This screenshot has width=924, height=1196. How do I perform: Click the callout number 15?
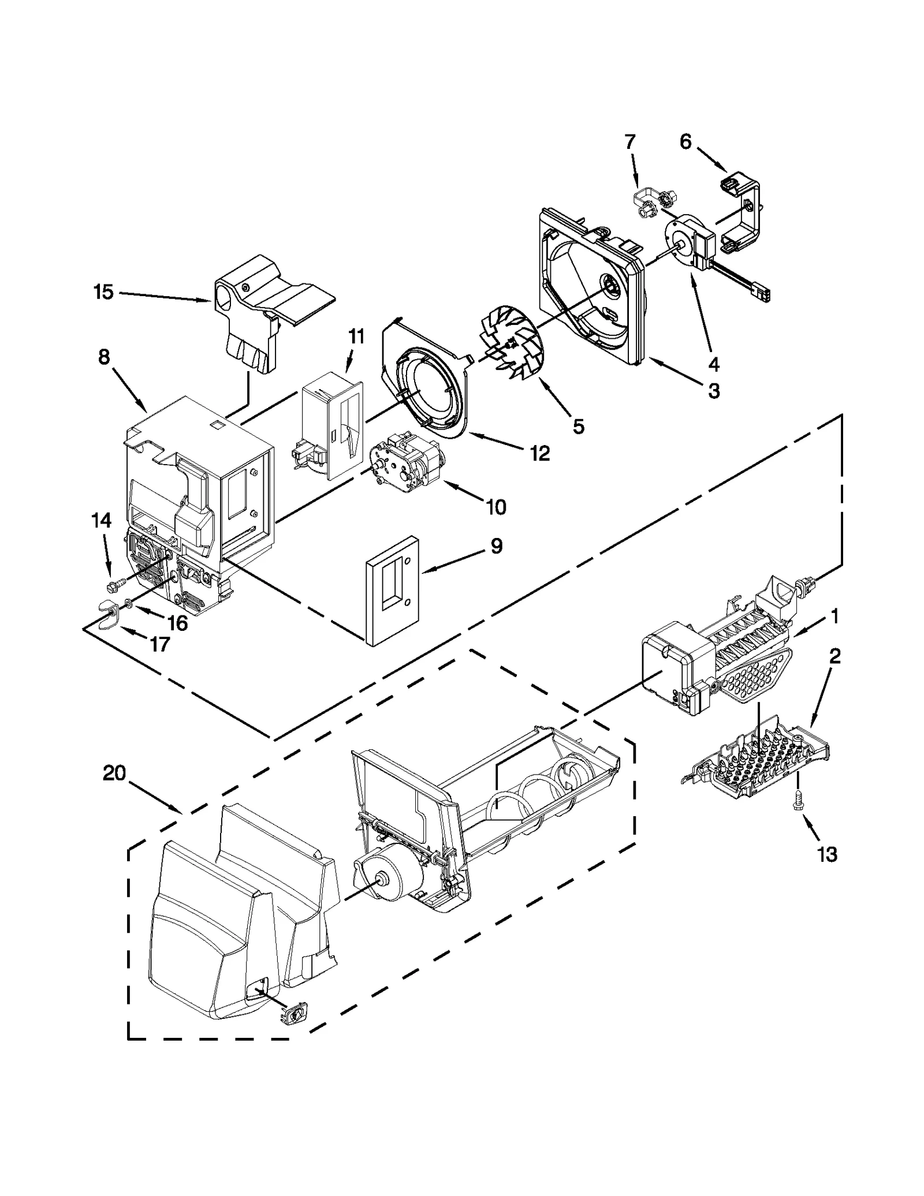pos(103,292)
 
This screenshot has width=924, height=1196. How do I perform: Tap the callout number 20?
pos(114,773)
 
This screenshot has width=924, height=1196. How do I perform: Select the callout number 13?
pos(827,854)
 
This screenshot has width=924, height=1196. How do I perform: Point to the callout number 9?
pos(496,545)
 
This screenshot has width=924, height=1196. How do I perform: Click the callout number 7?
pos(630,141)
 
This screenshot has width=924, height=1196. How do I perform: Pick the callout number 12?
pos(540,454)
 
